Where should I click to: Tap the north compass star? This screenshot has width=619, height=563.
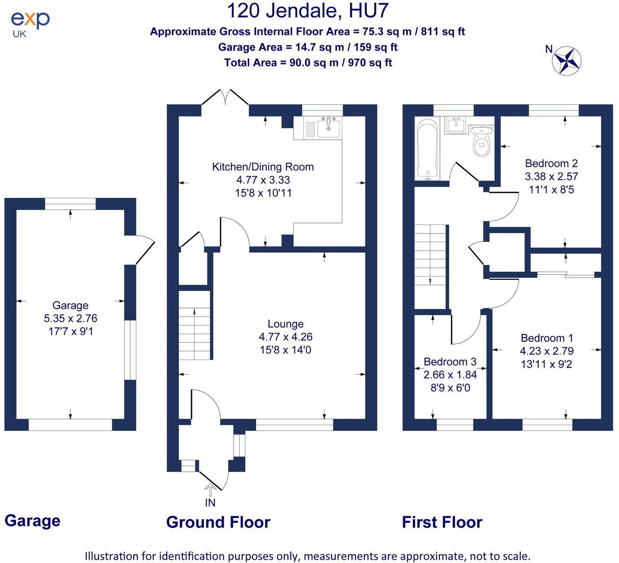click(567, 61)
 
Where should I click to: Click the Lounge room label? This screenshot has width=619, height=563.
click(286, 324)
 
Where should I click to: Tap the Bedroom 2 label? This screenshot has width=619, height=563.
click(551, 164)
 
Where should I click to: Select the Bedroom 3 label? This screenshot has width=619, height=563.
click(450, 362)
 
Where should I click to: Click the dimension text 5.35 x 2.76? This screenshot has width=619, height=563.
click(70, 319)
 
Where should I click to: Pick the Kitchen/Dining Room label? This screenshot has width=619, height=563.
click(263, 167)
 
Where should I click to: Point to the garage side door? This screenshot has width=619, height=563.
click(144, 249)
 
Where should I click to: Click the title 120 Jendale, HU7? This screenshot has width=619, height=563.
click(307, 11)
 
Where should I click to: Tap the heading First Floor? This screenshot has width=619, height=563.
click(442, 522)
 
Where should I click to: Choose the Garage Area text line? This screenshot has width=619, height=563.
click(307, 47)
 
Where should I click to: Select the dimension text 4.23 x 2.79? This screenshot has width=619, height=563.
click(547, 351)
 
